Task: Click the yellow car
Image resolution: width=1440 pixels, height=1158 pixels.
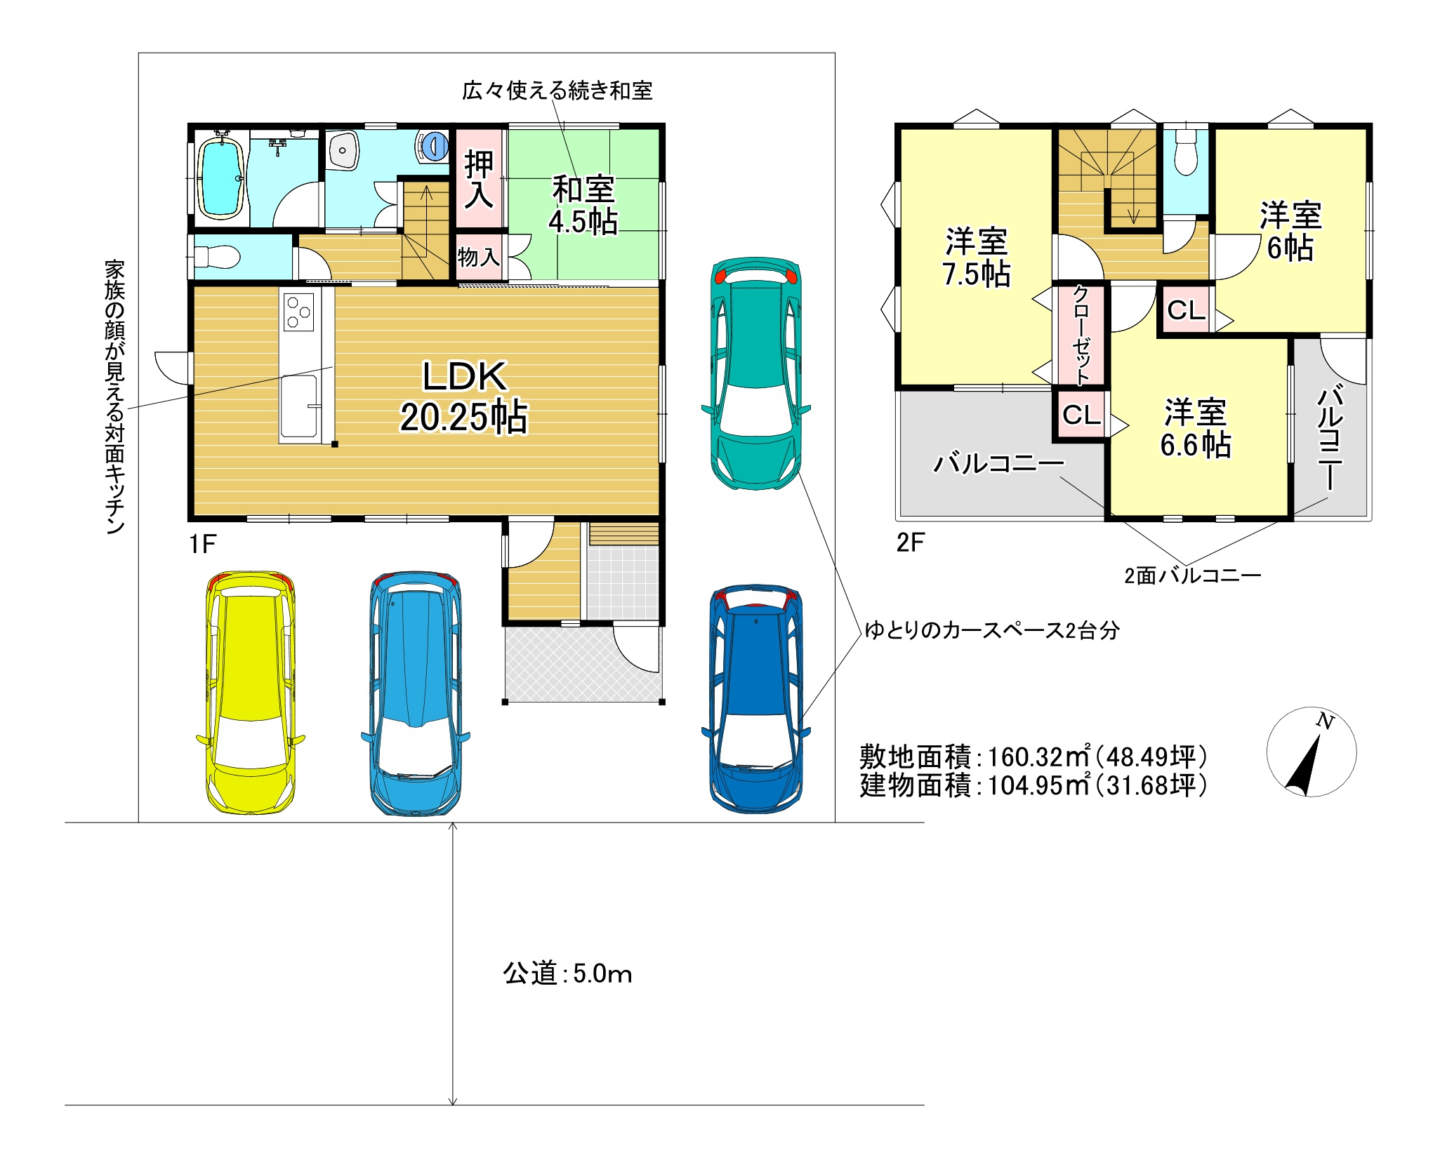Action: coord(251,692)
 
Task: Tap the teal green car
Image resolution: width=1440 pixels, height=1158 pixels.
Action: coord(756,373)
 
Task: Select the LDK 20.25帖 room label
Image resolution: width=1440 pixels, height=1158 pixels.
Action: coord(464,397)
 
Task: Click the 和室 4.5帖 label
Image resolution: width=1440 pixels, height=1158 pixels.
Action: coord(583,206)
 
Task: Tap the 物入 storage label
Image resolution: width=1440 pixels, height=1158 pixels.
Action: coord(478,257)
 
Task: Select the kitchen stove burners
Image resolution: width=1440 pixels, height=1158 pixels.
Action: coord(298,312)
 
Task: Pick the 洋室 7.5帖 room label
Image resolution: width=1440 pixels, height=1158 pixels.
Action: coord(977,258)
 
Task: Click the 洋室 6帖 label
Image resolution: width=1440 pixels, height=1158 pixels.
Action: coord(1290,232)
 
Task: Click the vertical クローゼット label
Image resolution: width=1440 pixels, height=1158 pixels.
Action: coord(1081,335)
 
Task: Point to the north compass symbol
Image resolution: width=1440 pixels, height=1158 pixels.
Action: coord(1312,752)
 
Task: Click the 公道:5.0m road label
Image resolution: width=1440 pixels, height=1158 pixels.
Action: coord(567,973)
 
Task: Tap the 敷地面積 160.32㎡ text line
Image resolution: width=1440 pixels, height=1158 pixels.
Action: coord(1033,756)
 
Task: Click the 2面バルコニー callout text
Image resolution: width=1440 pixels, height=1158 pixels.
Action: coord(1193,575)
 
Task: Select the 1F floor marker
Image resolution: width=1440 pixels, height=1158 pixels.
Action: coord(202,543)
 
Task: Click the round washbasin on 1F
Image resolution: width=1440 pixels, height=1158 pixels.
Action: coord(343,150)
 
